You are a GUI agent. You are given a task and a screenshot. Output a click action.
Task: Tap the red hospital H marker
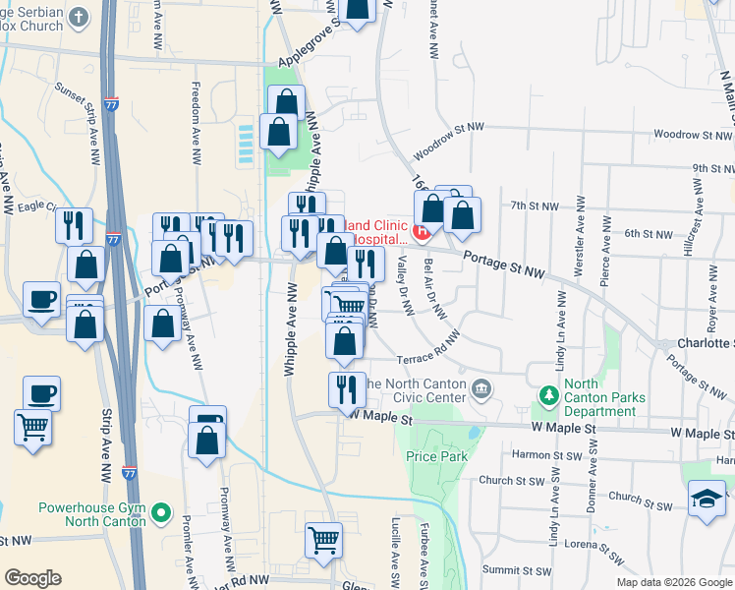422,233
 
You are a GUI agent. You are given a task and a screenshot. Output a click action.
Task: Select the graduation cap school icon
707,499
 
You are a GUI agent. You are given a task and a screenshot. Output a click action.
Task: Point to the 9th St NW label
712,169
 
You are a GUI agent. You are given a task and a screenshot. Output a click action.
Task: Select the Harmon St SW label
544,454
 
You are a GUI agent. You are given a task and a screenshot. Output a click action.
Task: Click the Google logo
32,578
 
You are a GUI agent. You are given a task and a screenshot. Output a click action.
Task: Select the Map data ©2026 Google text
673,582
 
